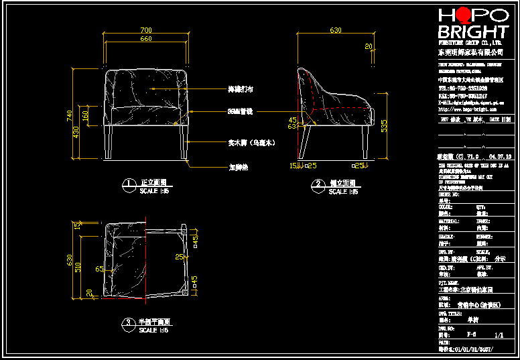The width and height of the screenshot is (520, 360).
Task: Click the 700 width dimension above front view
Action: click(x=145, y=30)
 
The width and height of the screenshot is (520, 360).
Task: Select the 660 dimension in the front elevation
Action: click(x=145, y=39)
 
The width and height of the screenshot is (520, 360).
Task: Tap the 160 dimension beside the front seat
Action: click(x=86, y=116)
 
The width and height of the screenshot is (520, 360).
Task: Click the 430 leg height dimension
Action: click(x=76, y=132)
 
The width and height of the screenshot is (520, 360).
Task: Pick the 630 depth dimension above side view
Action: click(x=335, y=30)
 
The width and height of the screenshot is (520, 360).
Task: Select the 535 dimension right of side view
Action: click(x=383, y=125)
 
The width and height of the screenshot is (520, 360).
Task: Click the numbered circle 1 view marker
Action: click(x=127, y=183)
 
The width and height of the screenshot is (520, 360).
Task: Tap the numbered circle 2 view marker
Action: click(x=316, y=183)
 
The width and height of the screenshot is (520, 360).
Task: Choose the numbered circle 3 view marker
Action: click(x=127, y=322)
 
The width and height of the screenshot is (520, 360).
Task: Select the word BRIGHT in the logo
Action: click(x=473, y=32)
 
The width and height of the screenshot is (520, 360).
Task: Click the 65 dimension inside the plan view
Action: click(x=99, y=269)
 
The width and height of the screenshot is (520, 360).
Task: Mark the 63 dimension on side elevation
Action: click(x=292, y=125)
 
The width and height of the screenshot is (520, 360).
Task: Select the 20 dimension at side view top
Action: click(x=368, y=46)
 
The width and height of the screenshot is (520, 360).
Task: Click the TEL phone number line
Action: click(x=462, y=88)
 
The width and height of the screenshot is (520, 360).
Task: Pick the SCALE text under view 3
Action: click(x=154, y=331)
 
